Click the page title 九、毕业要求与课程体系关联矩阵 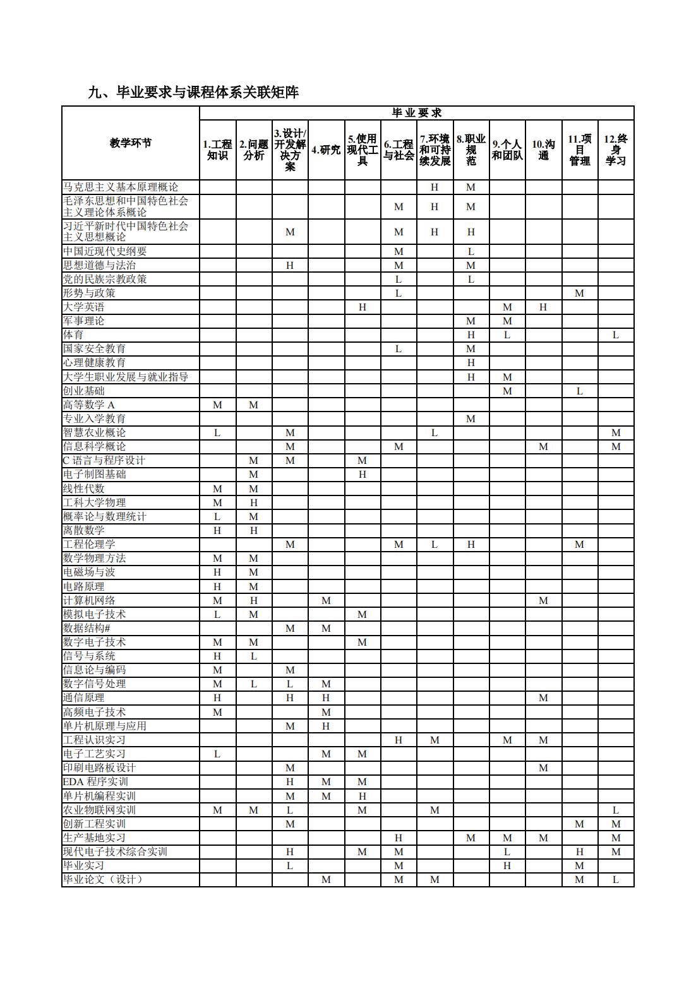pyautogui.click(x=193, y=92)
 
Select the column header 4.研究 pyautogui.click(x=326, y=150)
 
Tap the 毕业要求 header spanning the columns pyautogui.click(x=417, y=113)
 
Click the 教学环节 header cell pyautogui.click(x=131, y=143)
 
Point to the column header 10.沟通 pyautogui.click(x=543, y=150)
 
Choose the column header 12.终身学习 pyautogui.click(x=616, y=150)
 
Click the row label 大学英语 pyautogui.click(x=84, y=307)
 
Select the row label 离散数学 pyautogui.click(x=84, y=531)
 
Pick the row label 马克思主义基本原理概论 pyautogui.click(x=121, y=187)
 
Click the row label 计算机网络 pyautogui.click(x=89, y=600)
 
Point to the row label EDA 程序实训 pyautogui.click(x=95, y=781)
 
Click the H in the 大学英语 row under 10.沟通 pyautogui.click(x=543, y=307)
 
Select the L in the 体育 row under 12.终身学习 pyautogui.click(x=616, y=335)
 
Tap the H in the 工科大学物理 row pyautogui.click(x=254, y=503)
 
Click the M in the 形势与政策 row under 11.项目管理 pyautogui.click(x=579, y=293)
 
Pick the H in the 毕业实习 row pyautogui.click(x=507, y=866)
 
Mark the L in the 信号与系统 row pyautogui.click(x=254, y=656)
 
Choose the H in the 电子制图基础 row pyautogui.click(x=363, y=475)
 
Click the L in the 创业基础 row pyautogui.click(x=579, y=391)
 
